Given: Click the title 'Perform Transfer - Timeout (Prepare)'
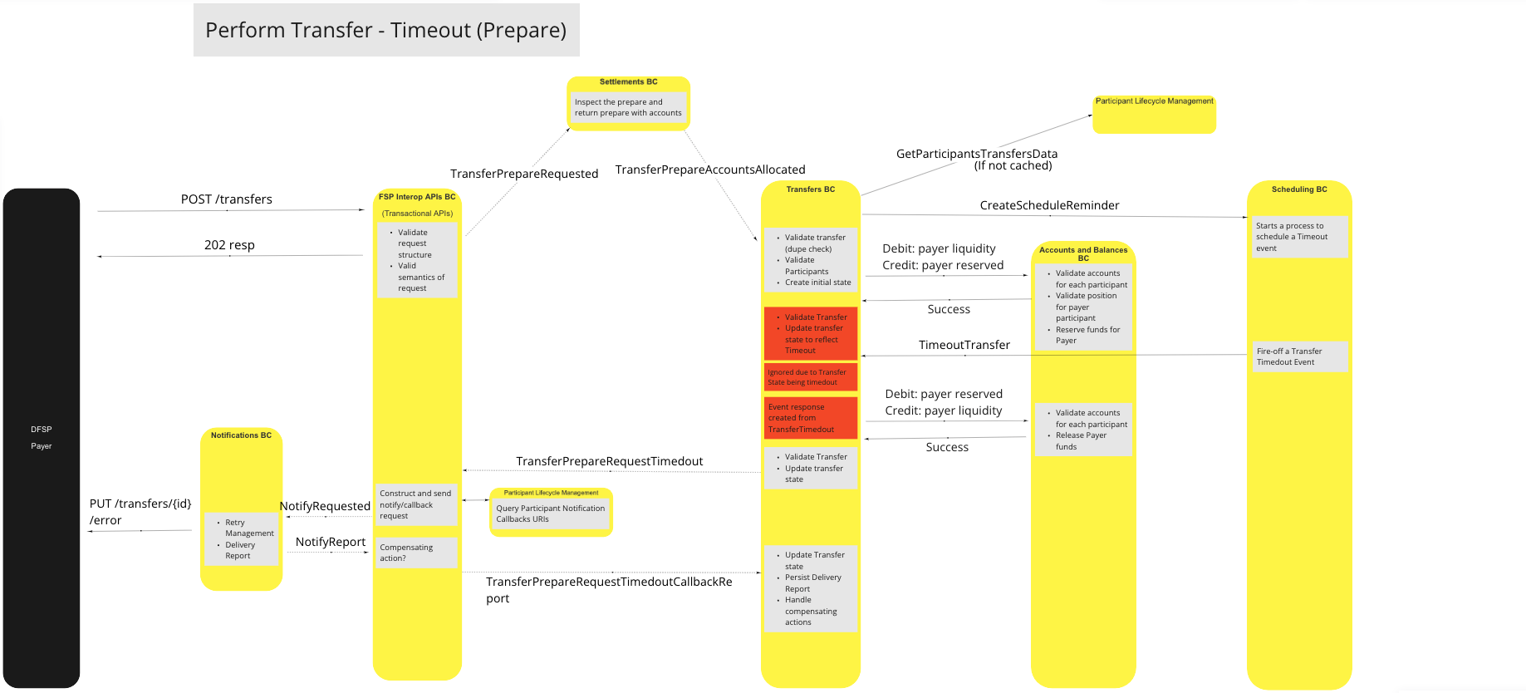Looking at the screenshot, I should click(x=385, y=31).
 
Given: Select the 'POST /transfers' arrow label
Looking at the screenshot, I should click(x=226, y=199).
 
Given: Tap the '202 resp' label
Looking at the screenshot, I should click(x=229, y=245).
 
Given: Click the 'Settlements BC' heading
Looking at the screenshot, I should click(x=628, y=82).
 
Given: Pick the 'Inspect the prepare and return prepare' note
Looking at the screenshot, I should click(x=628, y=108).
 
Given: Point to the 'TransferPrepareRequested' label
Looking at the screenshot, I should click(x=524, y=174).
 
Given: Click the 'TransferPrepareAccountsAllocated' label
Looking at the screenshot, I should click(x=710, y=170).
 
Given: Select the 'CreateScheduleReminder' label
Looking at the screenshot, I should click(x=1049, y=205).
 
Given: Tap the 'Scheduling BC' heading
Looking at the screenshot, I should click(x=1299, y=189).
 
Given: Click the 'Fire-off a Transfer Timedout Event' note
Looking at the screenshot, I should click(x=1299, y=356).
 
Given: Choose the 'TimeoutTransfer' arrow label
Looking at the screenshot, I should click(x=964, y=345).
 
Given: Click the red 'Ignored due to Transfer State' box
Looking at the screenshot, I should click(x=810, y=377).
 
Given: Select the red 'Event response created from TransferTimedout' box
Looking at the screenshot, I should click(x=810, y=418).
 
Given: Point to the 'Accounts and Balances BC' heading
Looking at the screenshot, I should click(x=1083, y=253).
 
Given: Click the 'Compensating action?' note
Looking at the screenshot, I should click(x=416, y=553).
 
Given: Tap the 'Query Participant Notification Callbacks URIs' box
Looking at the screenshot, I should click(x=550, y=514).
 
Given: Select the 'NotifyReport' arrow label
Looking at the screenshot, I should click(x=330, y=542).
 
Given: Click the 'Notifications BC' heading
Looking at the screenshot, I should click(x=241, y=435).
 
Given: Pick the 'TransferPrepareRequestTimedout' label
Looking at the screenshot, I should click(x=609, y=461).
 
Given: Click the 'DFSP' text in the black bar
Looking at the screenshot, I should click(x=42, y=430).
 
